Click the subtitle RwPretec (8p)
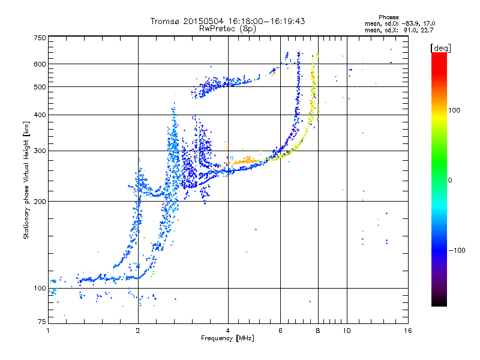(x=227, y=29)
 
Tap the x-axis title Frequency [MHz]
(x=227, y=338)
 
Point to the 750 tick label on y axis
(x=40, y=38)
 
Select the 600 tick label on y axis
(x=40, y=64)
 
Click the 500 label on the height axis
(x=40, y=87)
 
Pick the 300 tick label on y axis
(x=40, y=151)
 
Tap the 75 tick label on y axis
(x=42, y=322)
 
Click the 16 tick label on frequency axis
(x=408, y=331)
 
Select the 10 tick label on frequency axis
(x=347, y=331)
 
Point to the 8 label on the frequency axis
(x=318, y=331)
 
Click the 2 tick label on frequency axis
(x=138, y=331)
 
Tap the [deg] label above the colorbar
(x=440, y=48)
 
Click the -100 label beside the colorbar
(x=457, y=250)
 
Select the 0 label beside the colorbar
(x=450, y=181)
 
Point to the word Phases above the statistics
(x=388, y=17)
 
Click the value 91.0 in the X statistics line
(x=410, y=31)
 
